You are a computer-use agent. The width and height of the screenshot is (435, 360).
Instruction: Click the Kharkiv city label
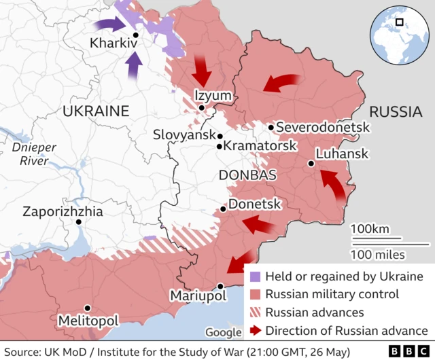click(x=114, y=43)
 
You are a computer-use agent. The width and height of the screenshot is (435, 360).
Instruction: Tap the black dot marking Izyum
click(x=202, y=107)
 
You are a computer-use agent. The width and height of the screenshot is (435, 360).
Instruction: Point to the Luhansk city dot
click(x=311, y=163)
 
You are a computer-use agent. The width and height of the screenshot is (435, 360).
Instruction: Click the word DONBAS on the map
click(x=247, y=175)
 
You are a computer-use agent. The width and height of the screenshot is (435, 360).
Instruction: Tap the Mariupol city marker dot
click(x=220, y=286)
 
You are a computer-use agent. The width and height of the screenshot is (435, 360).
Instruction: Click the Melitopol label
click(x=88, y=320)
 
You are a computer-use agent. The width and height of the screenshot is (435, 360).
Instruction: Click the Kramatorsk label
click(x=260, y=146)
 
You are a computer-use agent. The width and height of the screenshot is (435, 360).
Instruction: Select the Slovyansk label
click(x=184, y=134)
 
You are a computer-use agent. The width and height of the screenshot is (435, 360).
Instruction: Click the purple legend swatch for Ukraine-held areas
click(x=255, y=277)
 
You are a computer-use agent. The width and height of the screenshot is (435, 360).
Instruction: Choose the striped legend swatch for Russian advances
click(x=255, y=313)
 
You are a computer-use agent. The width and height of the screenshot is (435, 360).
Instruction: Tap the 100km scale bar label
click(x=370, y=228)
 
